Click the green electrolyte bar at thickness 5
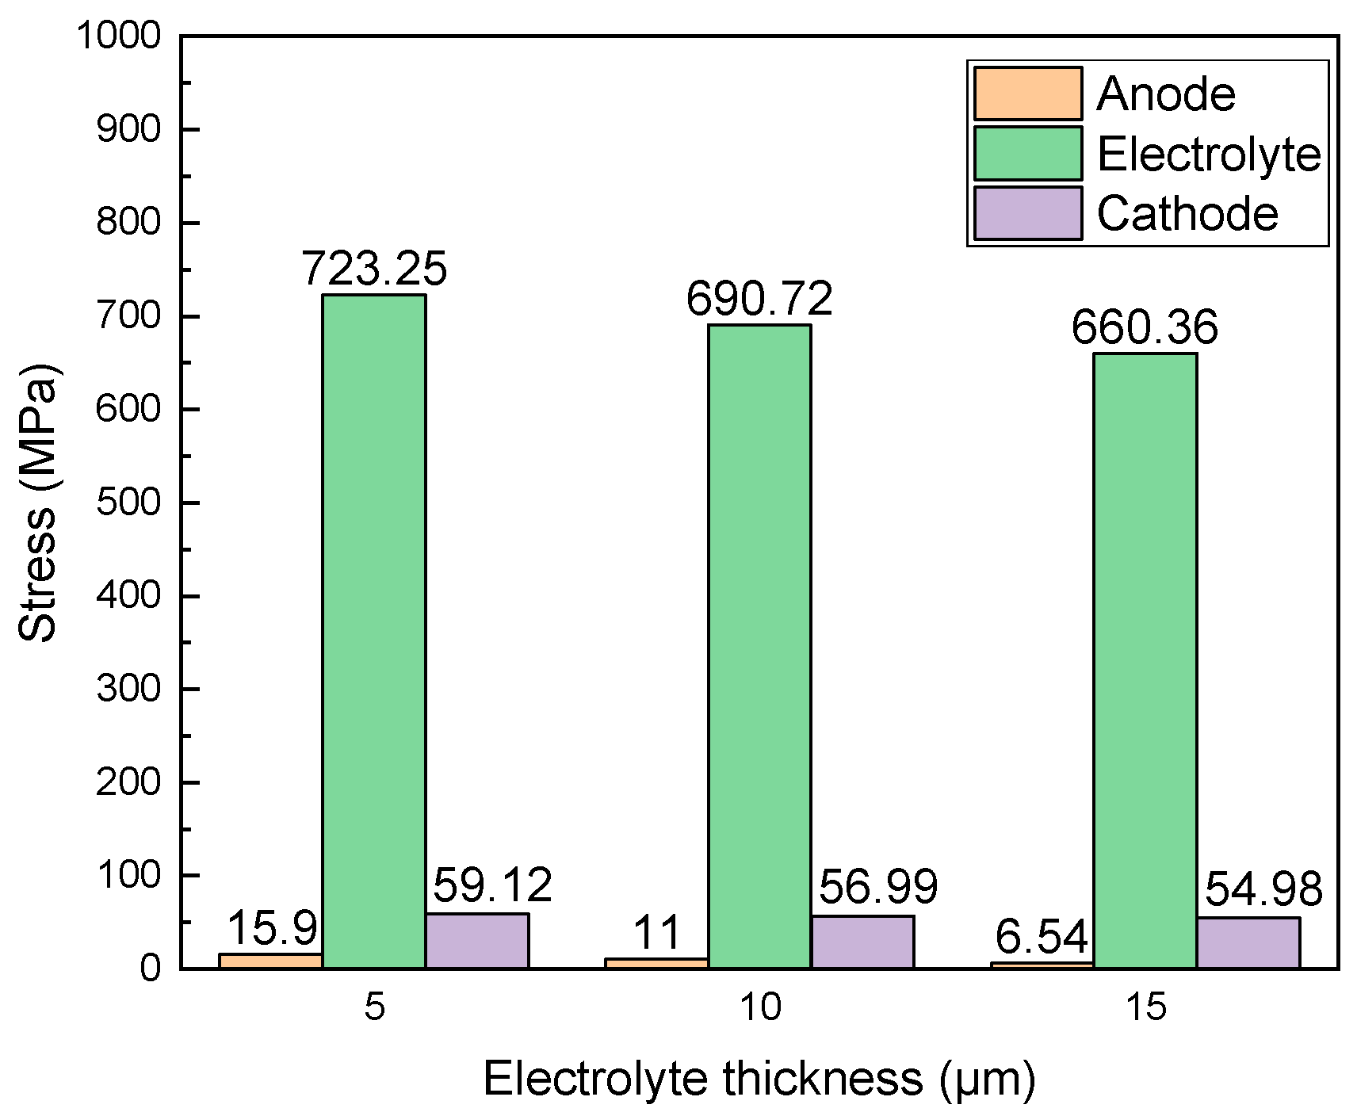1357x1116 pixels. (x=373, y=631)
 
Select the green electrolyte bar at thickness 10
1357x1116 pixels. (x=759, y=646)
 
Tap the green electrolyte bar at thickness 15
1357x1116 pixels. (x=1145, y=660)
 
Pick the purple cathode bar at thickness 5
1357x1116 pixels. (x=477, y=941)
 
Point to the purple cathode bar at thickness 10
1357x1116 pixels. (x=862, y=942)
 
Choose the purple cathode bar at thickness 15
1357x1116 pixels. (x=1248, y=942)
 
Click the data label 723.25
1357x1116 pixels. (x=374, y=269)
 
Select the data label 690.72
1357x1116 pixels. (x=759, y=299)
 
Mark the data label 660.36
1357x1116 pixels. (x=1145, y=327)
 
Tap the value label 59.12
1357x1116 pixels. (x=492, y=885)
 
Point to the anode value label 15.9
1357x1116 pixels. (x=272, y=927)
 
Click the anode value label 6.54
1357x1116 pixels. (x=1042, y=937)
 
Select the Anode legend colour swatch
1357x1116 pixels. (x=1027, y=94)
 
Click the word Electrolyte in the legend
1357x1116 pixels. (x=1209, y=154)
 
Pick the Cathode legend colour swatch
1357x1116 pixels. (x=1027, y=213)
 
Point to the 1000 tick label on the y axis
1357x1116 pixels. (x=118, y=36)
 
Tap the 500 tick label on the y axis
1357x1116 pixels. (x=128, y=503)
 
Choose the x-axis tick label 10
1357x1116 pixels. (x=759, y=1007)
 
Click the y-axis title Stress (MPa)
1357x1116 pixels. (x=38, y=503)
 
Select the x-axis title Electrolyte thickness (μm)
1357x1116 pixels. (x=759, y=1080)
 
